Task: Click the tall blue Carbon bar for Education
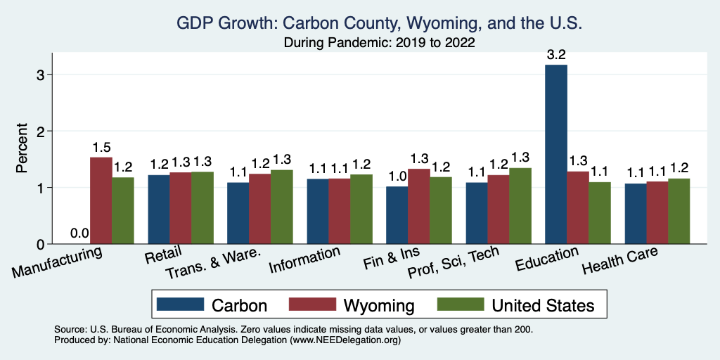click(556, 155)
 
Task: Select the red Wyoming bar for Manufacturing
click(101, 201)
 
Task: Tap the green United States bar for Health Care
click(679, 212)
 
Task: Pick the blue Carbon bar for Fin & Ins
click(397, 215)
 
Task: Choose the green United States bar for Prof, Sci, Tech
click(520, 206)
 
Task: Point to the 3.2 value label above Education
click(556, 53)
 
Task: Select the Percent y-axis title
click(22, 150)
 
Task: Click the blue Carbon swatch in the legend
click(179, 304)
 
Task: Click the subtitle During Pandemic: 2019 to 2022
click(380, 43)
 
